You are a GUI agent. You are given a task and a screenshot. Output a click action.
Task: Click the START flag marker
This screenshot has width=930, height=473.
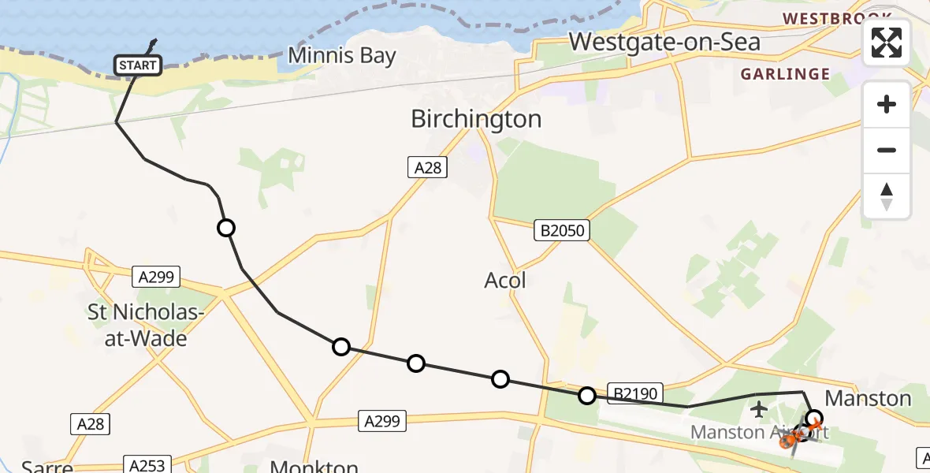click(x=138, y=65)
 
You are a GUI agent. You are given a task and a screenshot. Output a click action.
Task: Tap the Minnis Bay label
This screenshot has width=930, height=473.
click(x=341, y=55)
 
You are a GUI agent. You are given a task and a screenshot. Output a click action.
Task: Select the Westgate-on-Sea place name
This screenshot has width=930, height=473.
click(x=664, y=41)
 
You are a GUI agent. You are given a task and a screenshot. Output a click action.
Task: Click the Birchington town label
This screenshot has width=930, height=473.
click(x=476, y=119)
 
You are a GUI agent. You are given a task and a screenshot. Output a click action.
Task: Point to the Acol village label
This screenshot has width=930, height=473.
click(x=504, y=280)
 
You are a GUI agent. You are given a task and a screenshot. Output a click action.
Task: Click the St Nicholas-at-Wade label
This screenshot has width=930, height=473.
click(x=148, y=327)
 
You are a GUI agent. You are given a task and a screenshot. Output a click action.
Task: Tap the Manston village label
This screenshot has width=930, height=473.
click(x=868, y=398)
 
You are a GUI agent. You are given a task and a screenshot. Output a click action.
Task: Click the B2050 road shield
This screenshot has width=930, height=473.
click(x=562, y=230)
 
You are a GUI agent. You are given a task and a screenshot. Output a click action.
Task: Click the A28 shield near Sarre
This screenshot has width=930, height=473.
click(x=91, y=424)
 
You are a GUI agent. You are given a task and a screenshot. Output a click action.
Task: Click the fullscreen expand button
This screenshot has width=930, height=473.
click(x=887, y=43)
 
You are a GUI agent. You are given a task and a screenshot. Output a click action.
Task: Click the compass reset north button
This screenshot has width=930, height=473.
click(x=887, y=196)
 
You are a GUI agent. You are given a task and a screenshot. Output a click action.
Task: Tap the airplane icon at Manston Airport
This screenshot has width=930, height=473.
click(x=759, y=409)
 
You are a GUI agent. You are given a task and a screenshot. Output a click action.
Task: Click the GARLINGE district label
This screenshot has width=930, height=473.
click(x=786, y=74)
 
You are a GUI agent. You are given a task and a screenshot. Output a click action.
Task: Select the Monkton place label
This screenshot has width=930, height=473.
click(x=314, y=465)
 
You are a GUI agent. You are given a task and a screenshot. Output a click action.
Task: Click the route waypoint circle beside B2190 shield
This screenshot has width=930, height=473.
click(x=587, y=395)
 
